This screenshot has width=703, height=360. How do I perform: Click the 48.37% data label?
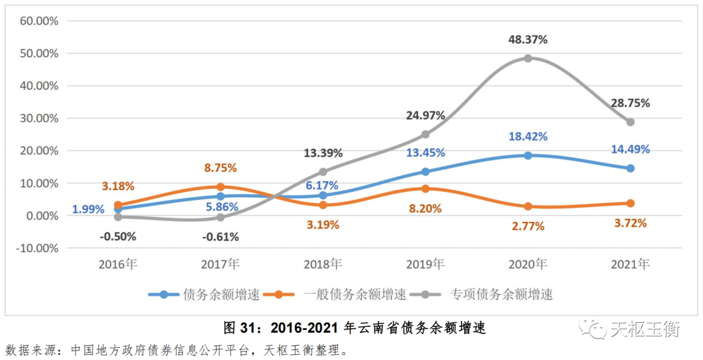[528, 40]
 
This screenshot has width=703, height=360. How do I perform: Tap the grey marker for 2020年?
[528, 58]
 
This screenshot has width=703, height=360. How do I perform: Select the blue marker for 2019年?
[426, 172]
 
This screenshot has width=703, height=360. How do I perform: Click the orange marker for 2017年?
[221, 187]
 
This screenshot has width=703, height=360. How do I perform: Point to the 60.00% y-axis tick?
[39, 21]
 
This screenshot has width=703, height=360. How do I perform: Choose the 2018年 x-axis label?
[323, 264]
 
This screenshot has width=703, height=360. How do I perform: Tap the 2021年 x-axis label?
[630, 264]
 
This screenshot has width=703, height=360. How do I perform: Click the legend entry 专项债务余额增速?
[501, 294]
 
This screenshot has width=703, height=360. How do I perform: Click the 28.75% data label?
[630, 103]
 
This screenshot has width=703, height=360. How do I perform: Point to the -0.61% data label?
[220, 237]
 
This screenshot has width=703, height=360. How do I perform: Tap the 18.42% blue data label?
[528, 137]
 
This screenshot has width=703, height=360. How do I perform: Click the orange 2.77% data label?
[528, 226]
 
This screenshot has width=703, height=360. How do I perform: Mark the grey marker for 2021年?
[630, 122]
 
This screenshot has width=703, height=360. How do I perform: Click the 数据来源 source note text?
[176, 350]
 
